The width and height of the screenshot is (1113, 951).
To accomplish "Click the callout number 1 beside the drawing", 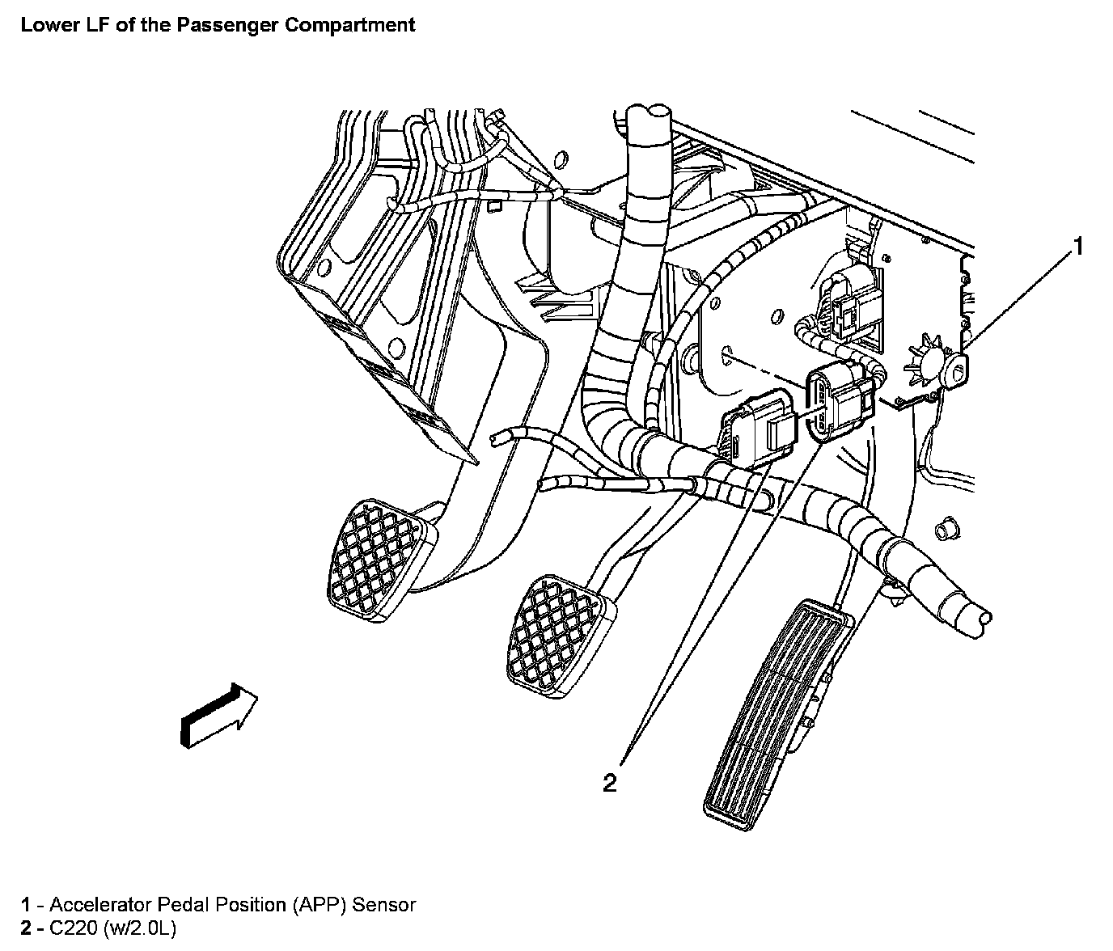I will coord(1077,247).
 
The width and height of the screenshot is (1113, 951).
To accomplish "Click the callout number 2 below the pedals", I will coord(610,782).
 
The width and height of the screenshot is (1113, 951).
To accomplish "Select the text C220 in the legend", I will coord(73,928).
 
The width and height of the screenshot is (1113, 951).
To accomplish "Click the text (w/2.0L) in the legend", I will coord(139,928).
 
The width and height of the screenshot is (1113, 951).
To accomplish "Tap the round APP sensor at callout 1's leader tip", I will coord(958,368).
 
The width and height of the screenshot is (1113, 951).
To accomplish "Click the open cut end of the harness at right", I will coord(980,618).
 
